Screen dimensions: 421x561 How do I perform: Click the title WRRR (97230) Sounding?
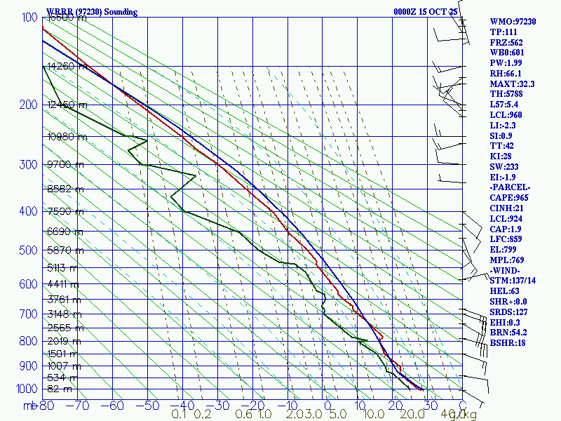[92, 12]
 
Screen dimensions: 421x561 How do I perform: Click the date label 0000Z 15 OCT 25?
[426, 12]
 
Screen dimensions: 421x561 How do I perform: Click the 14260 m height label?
[68, 67]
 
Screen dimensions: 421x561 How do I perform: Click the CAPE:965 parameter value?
[509, 198]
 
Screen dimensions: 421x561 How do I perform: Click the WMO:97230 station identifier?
[513, 22]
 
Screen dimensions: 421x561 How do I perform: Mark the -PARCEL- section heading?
[510, 187]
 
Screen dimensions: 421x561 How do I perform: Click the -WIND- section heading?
[506, 270]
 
